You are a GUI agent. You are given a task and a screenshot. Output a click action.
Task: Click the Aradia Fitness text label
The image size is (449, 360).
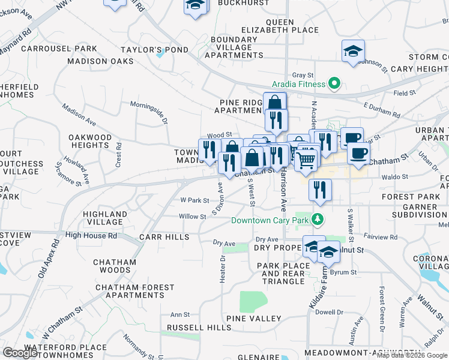[x=298, y=84]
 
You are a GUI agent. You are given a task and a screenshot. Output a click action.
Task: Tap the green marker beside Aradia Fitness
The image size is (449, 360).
[x=335, y=83]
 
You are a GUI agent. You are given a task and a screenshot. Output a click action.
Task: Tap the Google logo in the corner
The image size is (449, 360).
[x=20, y=352]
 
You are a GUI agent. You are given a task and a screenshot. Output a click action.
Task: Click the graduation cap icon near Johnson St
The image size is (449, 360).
[x=353, y=52]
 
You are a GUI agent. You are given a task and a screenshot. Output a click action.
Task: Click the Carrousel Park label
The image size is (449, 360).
[x=59, y=48]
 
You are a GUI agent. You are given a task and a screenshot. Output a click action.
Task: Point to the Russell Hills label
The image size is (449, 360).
[x=199, y=328]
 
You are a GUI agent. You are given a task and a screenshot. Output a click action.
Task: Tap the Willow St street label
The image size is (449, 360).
[x=192, y=217]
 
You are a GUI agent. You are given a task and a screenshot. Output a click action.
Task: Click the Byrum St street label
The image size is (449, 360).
[x=346, y=272]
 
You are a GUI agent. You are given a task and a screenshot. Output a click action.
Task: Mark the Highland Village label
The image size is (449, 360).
[x=105, y=218]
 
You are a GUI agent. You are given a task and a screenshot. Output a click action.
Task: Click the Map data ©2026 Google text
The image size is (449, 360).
[x=412, y=355]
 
